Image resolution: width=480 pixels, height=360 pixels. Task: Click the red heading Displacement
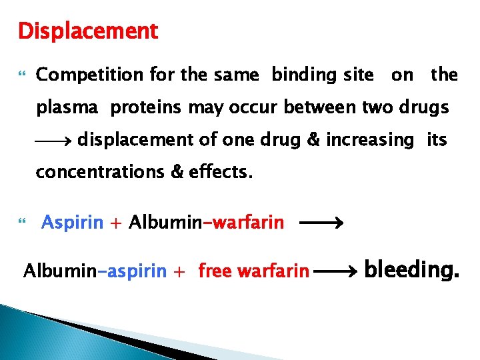tap(88, 31)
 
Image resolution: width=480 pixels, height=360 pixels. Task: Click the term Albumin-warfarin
tap(207, 222)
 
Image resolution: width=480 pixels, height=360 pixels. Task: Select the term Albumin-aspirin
tap(95, 271)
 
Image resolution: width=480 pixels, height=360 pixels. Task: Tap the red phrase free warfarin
tap(254, 271)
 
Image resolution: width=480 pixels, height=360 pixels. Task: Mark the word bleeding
tap(412, 270)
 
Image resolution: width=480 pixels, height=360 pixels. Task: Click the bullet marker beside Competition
tap(22, 75)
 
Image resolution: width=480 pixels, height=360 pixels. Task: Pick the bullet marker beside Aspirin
tap(22, 222)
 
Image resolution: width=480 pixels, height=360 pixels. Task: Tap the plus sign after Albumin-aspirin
tap(179, 272)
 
